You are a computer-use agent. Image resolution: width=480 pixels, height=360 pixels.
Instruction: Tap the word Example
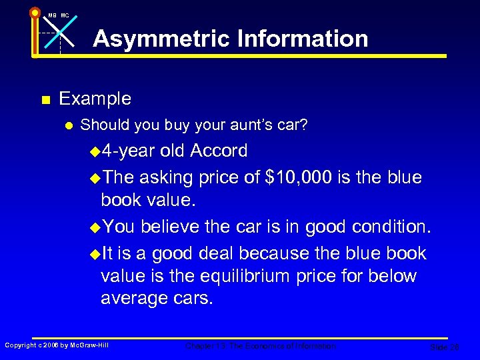pos(95,99)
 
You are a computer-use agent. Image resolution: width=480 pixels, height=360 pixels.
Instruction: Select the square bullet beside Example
pos(45,101)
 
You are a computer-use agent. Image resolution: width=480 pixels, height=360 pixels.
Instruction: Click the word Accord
pos(219,151)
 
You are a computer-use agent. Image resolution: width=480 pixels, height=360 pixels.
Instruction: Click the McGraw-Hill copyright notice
pos(57,345)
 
